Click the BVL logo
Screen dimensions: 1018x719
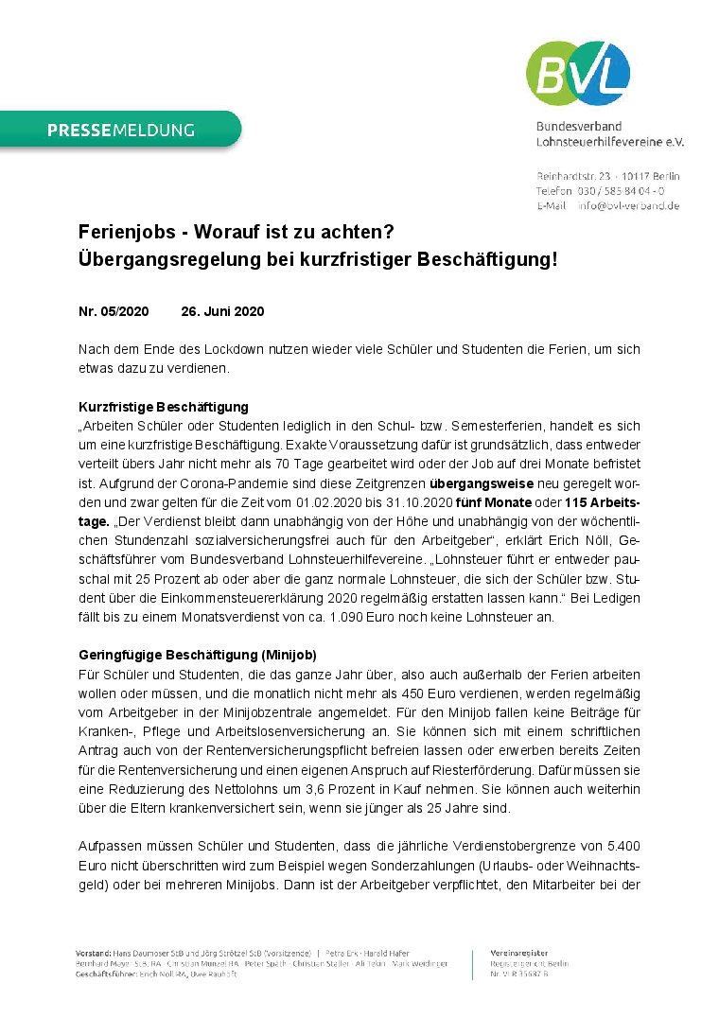click(577, 73)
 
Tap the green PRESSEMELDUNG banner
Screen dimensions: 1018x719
click(120, 130)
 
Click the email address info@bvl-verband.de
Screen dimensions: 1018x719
click(627, 205)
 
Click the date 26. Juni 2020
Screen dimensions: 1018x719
click(222, 311)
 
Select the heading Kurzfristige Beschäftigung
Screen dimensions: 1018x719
click(163, 406)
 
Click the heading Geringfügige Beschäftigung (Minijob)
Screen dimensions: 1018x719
click(197, 655)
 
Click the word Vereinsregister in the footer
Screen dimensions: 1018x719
click(518, 951)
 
